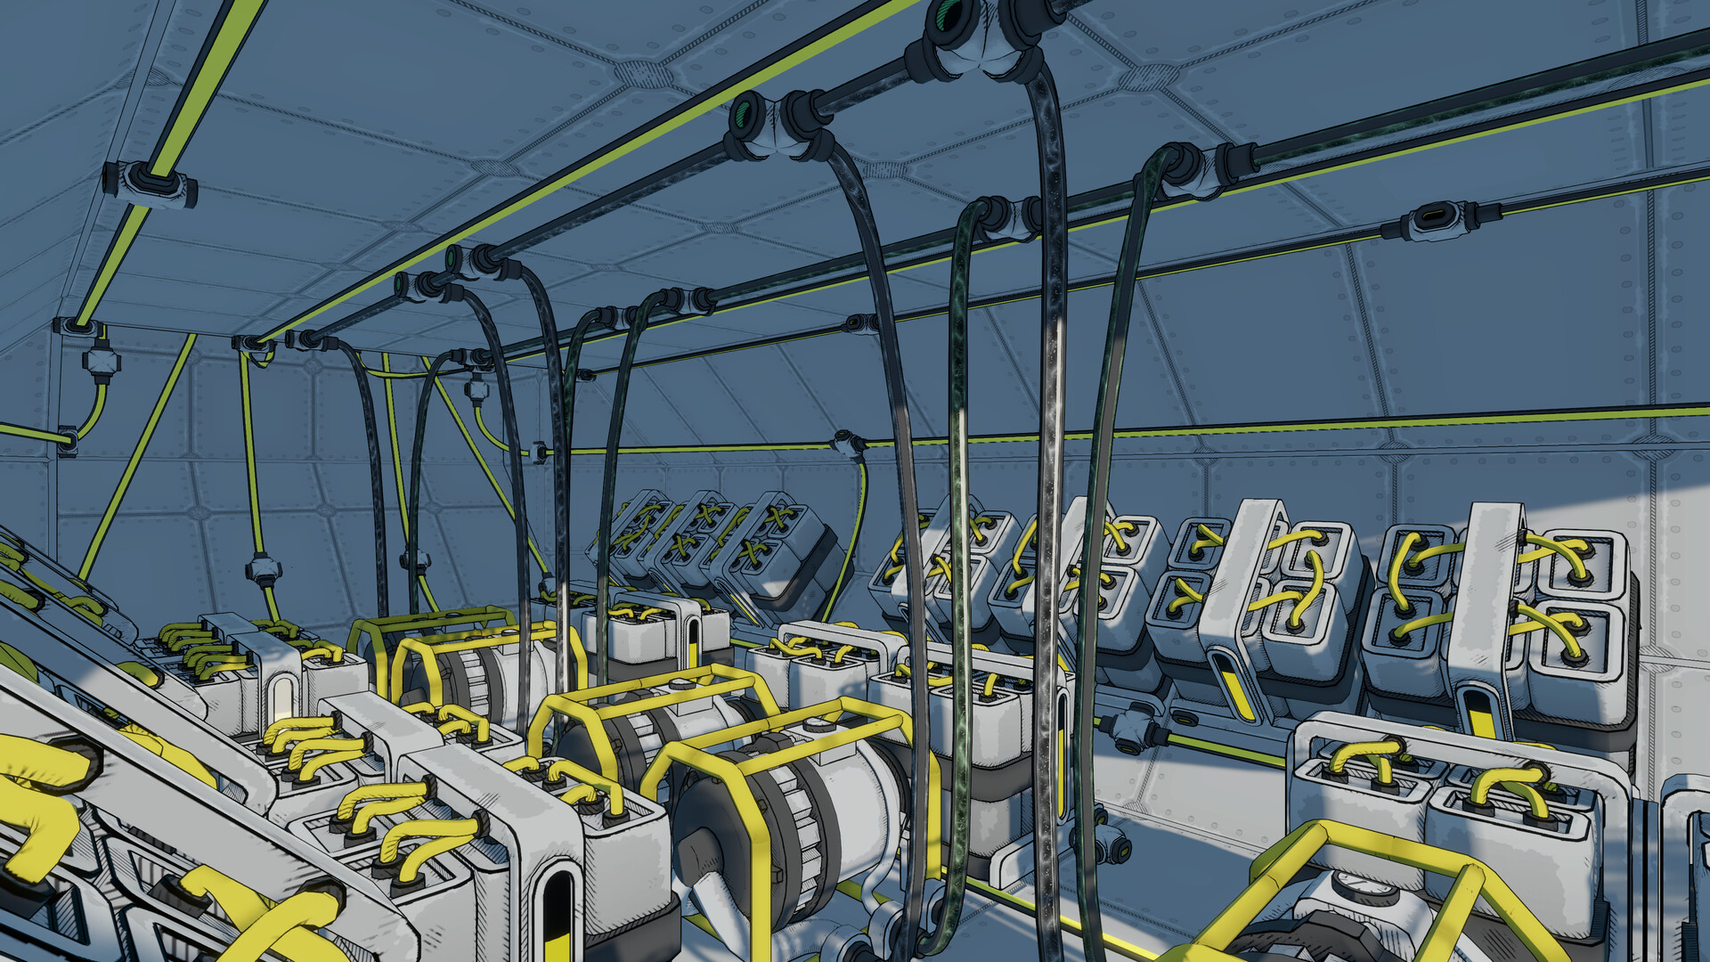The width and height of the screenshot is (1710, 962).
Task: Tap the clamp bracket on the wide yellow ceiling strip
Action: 150,184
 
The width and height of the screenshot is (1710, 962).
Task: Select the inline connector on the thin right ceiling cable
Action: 1436,219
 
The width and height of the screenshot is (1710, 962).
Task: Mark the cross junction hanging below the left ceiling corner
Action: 101,361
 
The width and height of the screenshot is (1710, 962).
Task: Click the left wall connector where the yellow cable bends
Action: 68,438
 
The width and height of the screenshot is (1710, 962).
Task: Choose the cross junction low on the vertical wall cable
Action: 264,568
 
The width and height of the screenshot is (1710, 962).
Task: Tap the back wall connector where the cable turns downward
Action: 848,444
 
